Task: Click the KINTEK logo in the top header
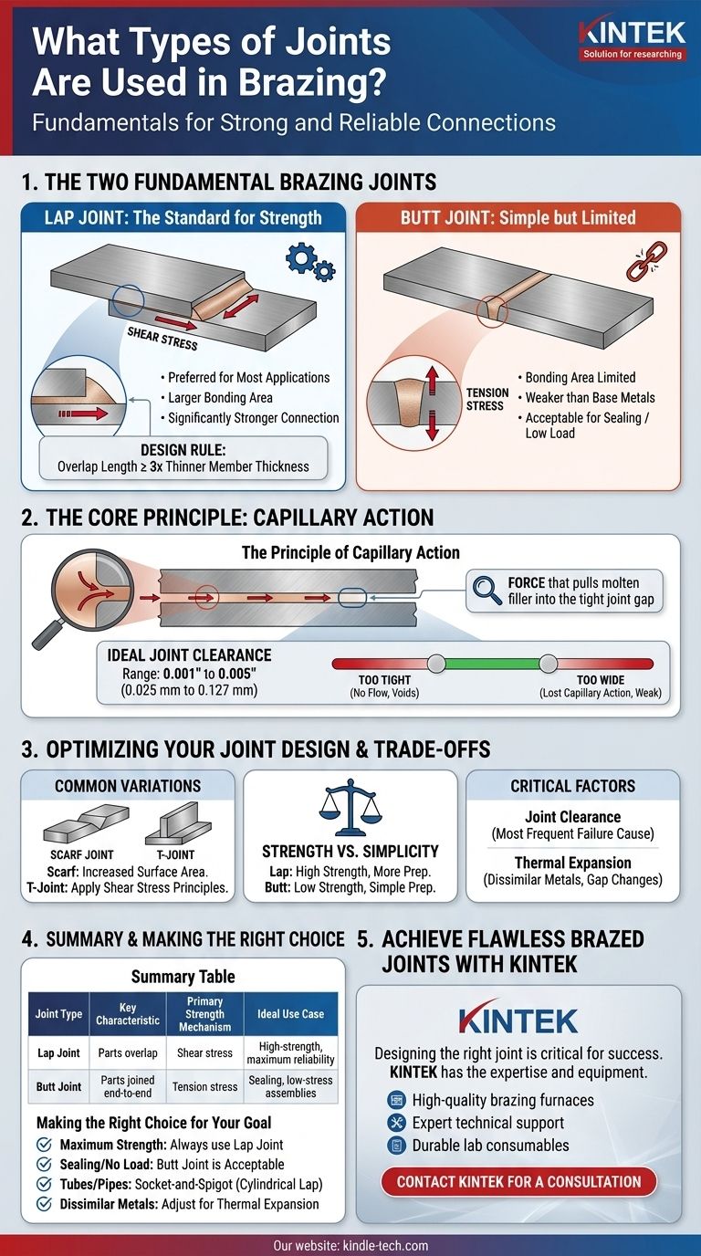(631, 39)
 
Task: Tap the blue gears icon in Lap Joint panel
(310, 262)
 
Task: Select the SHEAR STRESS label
(162, 339)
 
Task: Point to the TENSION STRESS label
(486, 398)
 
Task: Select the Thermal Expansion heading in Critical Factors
(572, 862)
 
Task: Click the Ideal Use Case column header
(290, 1014)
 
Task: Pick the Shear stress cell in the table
(204, 1052)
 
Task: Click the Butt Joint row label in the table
(58, 1087)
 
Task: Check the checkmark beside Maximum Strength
(44, 1146)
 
